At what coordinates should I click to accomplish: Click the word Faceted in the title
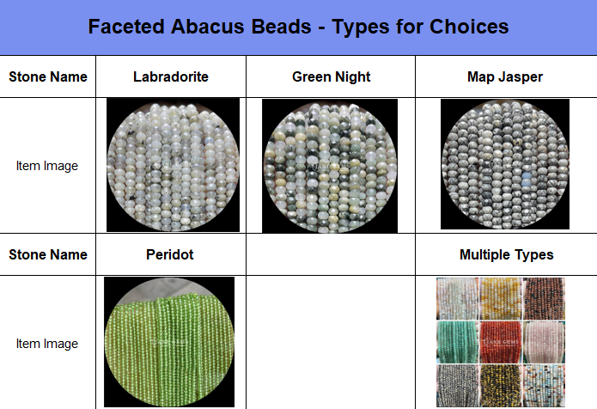[x=126, y=27]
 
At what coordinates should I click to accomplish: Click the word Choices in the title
[x=469, y=27]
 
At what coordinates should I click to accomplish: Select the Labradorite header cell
[x=171, y=76]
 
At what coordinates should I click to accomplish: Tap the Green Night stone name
[x=332, y=77]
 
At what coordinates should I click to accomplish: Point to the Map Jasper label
[x=505, y=77]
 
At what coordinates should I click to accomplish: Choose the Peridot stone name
[x=170, y=254]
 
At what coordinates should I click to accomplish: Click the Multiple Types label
[x=507, y=255]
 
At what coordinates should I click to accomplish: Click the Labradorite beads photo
[x=174, y=165]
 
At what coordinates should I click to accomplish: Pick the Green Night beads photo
[x=330, y=166]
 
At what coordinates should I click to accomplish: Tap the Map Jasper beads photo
[x=505, y=164]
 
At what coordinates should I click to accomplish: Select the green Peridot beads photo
[x=169, y=342]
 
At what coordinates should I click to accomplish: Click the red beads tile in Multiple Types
[x=501, y=342]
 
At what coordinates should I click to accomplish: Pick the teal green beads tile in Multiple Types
[x=457, y=342]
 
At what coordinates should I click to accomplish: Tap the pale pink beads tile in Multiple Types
[x=544, y=342]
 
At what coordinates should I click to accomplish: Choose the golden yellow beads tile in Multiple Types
[x=501, y=298]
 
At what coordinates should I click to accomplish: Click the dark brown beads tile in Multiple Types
[x=544, y=298]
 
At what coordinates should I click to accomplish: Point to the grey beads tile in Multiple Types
[x=457, y=386]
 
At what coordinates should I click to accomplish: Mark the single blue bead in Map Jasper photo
[x=527, y=176]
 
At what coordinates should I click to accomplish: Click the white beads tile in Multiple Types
[x=457, y=298]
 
